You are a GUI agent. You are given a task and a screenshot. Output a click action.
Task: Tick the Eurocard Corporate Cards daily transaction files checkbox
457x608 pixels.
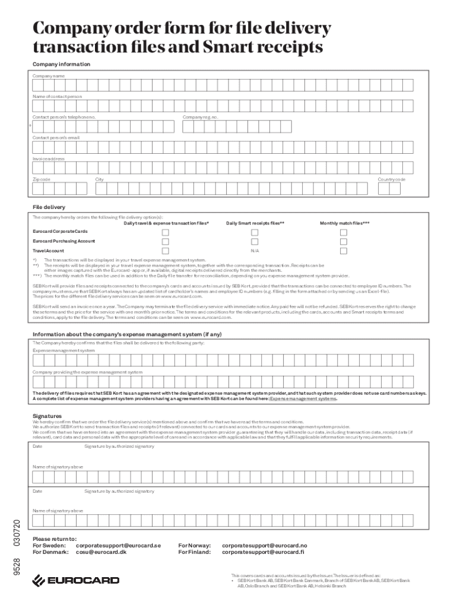(166, 232)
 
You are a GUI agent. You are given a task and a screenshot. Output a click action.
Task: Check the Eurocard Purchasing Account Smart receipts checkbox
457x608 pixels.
(254, 242)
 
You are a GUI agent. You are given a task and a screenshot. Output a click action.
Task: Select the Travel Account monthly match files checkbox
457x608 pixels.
(343, 251)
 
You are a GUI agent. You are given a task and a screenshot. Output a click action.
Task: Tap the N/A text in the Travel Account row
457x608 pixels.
(254, 251)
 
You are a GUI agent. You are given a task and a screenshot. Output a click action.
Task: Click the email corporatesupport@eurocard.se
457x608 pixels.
(118, 545)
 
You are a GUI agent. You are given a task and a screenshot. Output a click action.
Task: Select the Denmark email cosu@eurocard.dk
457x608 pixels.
(101, 552)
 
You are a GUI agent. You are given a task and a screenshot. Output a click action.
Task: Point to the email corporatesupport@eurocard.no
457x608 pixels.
(264, 545)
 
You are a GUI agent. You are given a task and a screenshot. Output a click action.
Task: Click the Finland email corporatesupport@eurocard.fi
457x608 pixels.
(263, 552)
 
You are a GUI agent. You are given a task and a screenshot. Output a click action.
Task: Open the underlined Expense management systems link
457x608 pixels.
(304, 399)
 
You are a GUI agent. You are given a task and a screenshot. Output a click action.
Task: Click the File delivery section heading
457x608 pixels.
(49, 207)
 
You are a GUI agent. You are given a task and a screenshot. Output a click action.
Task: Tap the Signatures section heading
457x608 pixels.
(47, 416)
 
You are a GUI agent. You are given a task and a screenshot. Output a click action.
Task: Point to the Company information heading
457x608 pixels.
(61, 64)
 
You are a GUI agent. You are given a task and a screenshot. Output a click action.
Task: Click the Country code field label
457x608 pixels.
(392, 179)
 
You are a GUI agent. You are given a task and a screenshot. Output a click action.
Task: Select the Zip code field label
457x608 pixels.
(42, 179)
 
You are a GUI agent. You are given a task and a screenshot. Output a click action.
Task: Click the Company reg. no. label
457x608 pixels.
(200, 117)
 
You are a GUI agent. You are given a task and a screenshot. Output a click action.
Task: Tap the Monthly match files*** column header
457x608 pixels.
(344, 223)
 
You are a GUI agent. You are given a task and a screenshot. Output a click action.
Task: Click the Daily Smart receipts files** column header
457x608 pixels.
(255, 223)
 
